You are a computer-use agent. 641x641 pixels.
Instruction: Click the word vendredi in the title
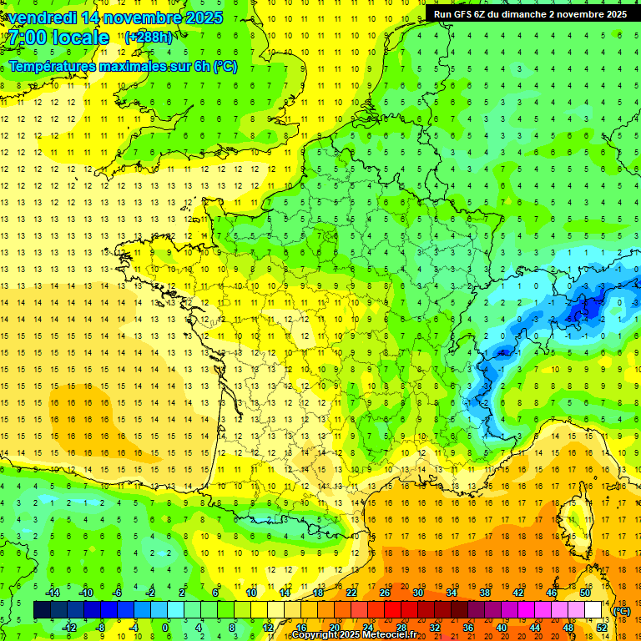45,18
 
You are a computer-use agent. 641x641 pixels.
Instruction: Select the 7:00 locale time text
59,38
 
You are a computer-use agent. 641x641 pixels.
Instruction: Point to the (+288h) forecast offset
149,38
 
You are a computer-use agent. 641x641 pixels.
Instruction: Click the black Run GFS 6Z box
531,13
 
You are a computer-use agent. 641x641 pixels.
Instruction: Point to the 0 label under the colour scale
165,628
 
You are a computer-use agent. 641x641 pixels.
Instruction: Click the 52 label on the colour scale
602,628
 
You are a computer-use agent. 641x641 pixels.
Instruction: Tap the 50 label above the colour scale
585,592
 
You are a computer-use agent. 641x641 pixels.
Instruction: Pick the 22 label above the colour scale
351,592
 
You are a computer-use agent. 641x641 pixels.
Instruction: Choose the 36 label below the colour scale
468,628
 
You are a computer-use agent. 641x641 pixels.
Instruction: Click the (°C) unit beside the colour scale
622,610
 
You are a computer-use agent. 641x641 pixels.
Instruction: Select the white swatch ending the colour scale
593,610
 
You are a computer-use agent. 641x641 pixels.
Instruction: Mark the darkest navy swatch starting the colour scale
42,610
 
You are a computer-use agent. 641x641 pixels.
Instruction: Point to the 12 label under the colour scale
268,628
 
